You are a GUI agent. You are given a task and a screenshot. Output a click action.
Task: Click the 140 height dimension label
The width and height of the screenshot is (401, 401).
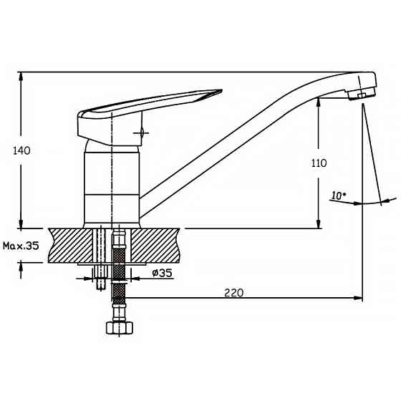click(x=21, y=150)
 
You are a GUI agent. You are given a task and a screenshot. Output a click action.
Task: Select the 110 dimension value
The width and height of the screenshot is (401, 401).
click(x=319, y=163)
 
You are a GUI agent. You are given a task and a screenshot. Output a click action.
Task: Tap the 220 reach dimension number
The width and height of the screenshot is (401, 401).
click(x=233, y=293)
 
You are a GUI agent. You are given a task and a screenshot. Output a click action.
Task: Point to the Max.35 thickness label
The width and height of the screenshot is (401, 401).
click(x=21, y=246)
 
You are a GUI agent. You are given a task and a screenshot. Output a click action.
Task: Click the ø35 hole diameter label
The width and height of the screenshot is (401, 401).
click(x=162, y=273)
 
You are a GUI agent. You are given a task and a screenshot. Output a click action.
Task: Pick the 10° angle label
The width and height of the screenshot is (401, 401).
click(x=339, y=195)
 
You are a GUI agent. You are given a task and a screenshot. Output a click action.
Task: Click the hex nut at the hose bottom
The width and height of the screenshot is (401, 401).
click(x=120, y=328)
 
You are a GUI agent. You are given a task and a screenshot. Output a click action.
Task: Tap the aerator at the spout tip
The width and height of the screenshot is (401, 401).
click(x=362, y=94)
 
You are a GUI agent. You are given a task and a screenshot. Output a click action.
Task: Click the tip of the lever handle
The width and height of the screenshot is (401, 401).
click(x=221, y=90)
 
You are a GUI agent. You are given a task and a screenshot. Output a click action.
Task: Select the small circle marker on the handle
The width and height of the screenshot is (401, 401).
click(x=141, y=132)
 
